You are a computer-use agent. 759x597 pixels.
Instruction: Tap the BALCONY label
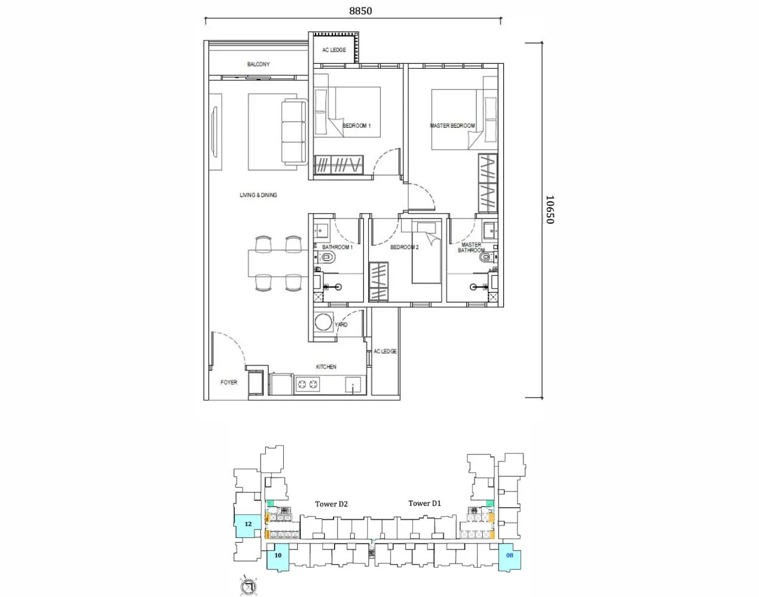258,64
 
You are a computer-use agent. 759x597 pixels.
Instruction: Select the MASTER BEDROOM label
452,126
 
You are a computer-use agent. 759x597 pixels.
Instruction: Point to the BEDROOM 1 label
357,126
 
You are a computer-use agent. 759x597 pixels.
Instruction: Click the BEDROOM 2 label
404,247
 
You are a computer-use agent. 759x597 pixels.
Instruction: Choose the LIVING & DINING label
258,195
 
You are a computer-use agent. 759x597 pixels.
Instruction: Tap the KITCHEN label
326,367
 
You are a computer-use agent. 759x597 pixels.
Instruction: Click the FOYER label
228,383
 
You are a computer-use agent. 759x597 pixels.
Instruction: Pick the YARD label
341,325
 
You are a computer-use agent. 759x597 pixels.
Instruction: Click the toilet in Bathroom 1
328,258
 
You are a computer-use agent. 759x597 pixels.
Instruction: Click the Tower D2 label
331,504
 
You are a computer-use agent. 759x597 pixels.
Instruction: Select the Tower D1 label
424,503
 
